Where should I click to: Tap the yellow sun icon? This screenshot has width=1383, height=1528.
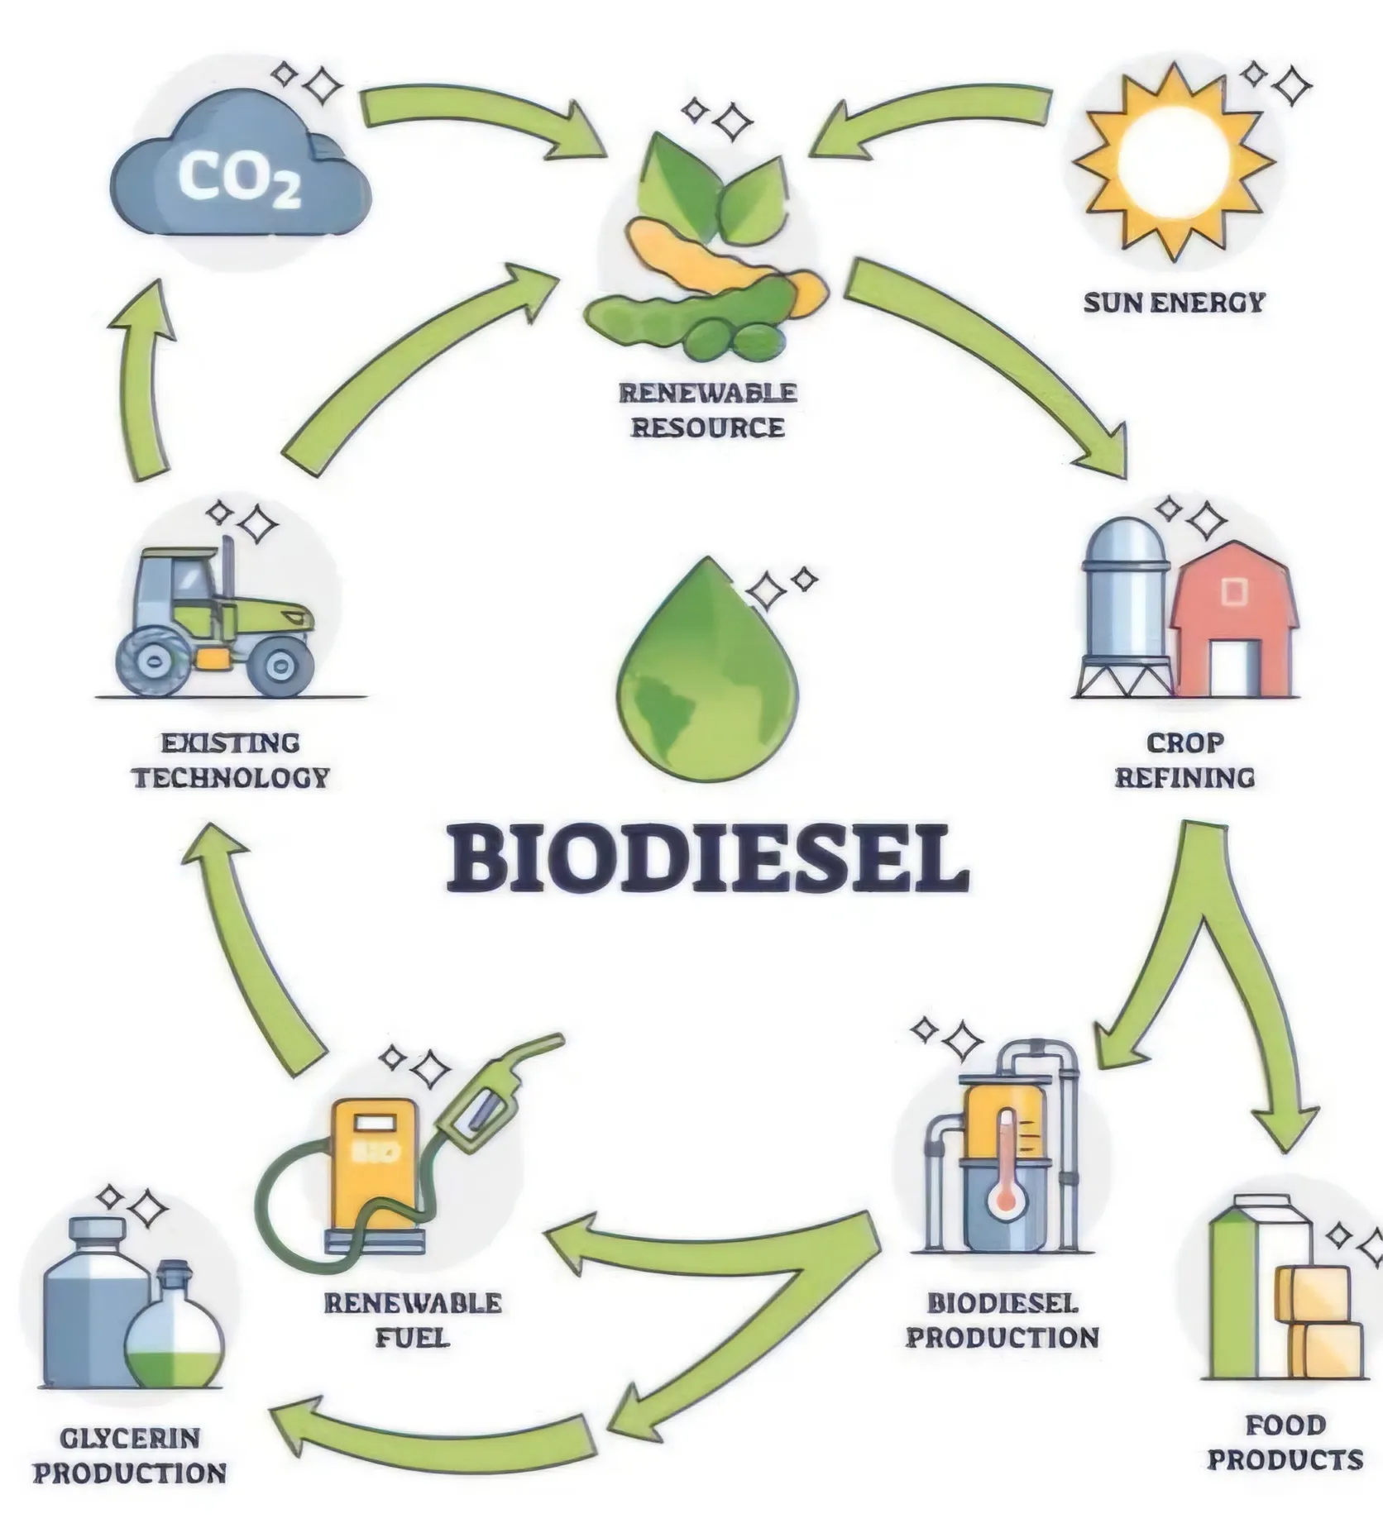[x=1172, y=162]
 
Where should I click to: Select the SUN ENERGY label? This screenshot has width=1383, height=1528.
[x=1175, y=303]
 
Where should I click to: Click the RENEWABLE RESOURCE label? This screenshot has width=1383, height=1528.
[x=708, y=409]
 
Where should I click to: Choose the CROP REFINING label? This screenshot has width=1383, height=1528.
[x=1184, y=760]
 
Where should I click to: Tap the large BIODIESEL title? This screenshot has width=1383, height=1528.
[x=707, y=857]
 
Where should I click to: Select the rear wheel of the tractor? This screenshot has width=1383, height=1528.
[x=154, y=659]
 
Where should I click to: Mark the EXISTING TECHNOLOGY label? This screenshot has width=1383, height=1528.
[x=231, y=760]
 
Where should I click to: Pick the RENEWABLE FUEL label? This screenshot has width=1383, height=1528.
[x=412, y=1320]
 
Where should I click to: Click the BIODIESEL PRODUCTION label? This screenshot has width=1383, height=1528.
[x=1003, y=1320]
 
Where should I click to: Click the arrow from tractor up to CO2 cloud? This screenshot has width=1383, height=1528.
[x=145, y=380]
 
